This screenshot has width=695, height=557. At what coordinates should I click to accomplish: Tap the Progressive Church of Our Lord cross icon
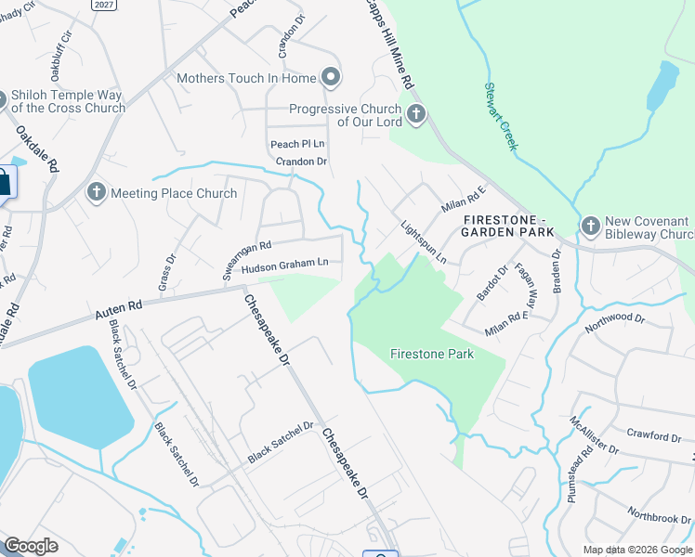[415, 115]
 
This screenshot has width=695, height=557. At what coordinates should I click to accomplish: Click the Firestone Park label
[431, 354]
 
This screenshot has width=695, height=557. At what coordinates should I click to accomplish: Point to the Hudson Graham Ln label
[284, 265]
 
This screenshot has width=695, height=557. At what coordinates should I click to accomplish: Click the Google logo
[32, 546]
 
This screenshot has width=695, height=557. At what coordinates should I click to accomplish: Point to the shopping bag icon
[3, 181]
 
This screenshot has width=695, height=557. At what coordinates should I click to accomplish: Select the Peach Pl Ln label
[297, 144]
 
